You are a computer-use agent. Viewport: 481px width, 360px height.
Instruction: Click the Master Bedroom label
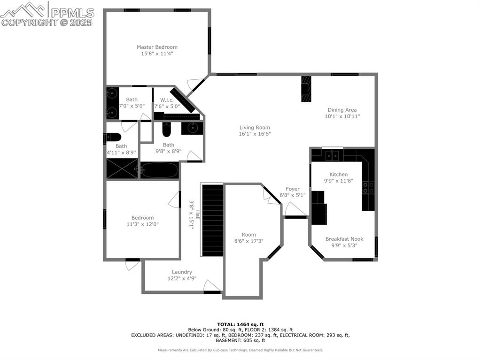pyautogui.click(x=157, y=47)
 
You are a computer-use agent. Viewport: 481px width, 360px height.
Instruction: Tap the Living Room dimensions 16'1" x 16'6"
pyautogui.click(x=255, y=134)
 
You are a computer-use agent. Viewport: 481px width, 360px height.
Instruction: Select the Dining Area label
pyautogui.click(x=342, y=110)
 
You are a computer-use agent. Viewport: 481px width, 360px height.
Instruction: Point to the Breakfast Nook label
pyautogui.click(x=344, y=239)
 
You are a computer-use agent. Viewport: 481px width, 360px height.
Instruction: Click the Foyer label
pyautogui.click(x=293, y=189)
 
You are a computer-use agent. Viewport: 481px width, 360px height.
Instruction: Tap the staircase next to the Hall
pyautogui.click(x=213, y=220)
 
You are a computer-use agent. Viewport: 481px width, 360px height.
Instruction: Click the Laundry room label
pyautogui.click(x=182, y=272)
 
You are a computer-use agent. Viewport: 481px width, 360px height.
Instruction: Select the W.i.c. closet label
pyautogui.click(x=167, y=100)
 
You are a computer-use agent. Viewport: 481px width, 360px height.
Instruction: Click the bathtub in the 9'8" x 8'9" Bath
pyautogui.click(x=159, y=170)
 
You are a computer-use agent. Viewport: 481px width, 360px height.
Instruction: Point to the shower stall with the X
pyautogui.click(x=122, y=169)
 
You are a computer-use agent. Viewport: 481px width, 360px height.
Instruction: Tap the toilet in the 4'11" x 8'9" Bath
pyautogui.click(x=113, y=137)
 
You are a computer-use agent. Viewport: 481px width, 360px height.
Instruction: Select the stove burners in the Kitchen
pyautogui.click(x=368, y=188)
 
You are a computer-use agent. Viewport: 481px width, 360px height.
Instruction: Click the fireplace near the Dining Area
pyautogui.click(x=306, y=89)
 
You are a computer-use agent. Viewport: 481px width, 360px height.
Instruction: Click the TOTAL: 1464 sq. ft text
pyautogui.click(x=240, y=324)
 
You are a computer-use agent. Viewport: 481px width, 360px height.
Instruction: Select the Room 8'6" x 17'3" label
pyautogui.click(x=248, y=235)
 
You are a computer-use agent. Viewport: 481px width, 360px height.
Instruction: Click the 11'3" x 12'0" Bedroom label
pyautogui.click(x=142, y=218)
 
